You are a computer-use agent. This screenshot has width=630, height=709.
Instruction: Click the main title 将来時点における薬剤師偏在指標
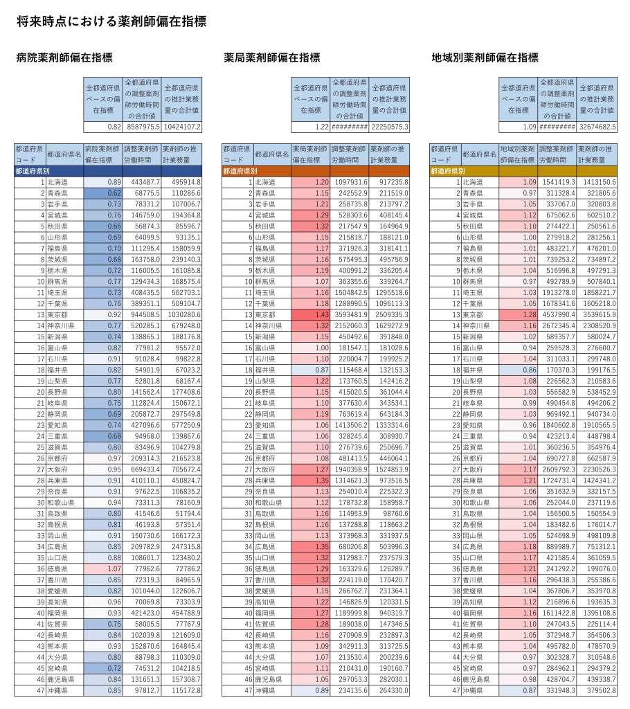(x=111, y=22)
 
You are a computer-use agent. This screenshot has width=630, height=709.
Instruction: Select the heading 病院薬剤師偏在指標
(x=64, y=58)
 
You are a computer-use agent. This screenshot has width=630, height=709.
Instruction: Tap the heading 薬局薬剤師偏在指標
(x=272, y=58)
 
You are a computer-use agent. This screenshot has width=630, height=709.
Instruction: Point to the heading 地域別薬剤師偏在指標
(x=485, y=58)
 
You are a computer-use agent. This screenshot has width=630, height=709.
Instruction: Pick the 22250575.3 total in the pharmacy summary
(x=390, y=127)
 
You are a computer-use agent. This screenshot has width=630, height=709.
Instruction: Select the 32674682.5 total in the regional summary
(x=597, y=127)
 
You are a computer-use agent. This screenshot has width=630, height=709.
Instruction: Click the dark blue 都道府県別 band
(x=108, y=170)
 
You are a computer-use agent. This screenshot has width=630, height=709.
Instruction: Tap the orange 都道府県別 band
(x=315, y=170)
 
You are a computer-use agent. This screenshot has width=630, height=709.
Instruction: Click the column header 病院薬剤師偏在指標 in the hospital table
(x=102, y=154)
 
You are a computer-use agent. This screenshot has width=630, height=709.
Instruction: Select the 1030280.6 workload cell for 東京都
(x=181, y=314)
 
